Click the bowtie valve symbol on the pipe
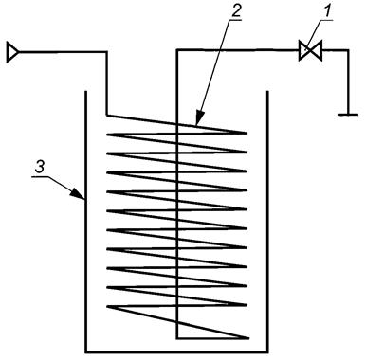click(x=307, y=50)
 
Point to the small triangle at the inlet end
click(x=11, y=50)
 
